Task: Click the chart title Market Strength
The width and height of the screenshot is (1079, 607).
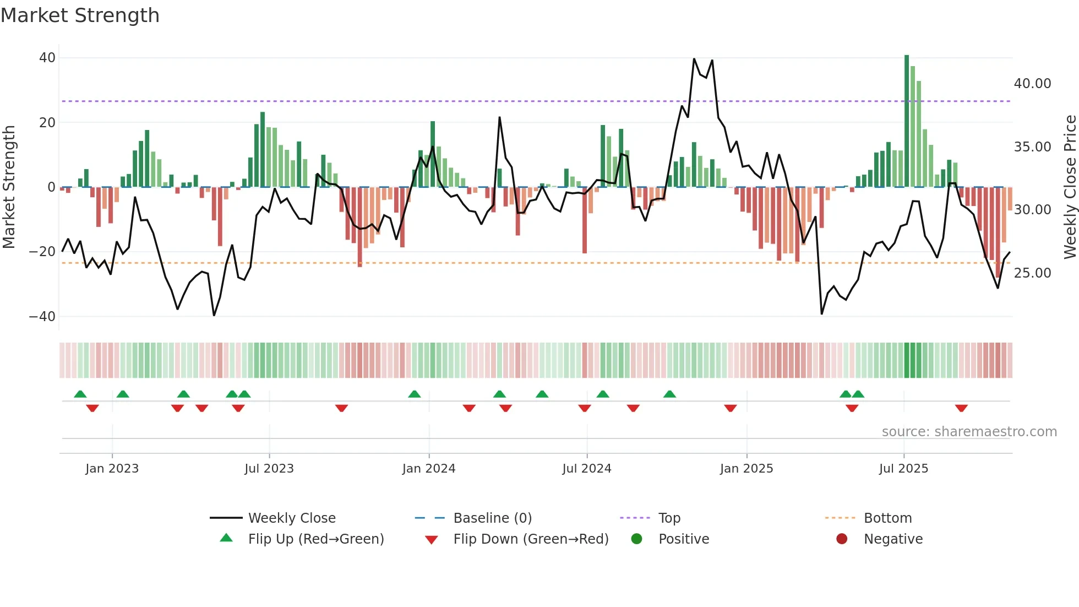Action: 80,15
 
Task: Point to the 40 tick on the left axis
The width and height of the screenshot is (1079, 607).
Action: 47,58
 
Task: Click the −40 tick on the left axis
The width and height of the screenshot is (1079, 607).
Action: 42,317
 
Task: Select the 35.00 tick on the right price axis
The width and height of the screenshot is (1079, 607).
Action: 1032,147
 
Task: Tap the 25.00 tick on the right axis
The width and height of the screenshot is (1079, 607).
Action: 1032,273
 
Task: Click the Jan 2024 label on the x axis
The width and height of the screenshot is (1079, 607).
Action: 429,469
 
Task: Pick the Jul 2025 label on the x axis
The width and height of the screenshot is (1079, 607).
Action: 903,469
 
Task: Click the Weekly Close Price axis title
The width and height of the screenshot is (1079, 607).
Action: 1070,187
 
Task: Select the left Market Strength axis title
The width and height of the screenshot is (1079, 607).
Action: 9,187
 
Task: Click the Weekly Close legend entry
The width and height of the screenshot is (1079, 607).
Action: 292,518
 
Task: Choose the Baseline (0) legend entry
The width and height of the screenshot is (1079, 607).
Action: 492,518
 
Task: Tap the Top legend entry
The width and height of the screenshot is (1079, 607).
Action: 669,518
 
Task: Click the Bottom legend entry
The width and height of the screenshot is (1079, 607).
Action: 887,518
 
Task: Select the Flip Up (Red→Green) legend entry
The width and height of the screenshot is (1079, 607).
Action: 315,539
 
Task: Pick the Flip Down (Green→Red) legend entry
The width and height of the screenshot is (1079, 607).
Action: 531,539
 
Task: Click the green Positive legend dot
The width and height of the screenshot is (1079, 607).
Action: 637,539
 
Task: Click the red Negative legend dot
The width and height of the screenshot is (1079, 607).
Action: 842,539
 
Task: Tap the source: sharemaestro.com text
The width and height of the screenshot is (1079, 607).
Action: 969,432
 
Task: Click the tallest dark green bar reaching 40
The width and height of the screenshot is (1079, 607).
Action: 907,121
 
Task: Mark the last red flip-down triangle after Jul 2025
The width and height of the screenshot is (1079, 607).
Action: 961,408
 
